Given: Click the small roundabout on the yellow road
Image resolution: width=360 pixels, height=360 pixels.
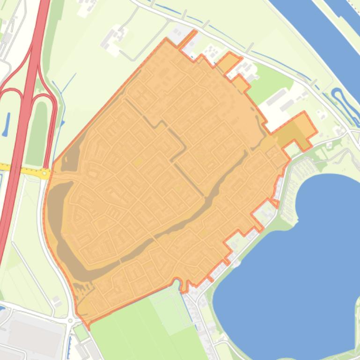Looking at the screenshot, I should coord(45,173).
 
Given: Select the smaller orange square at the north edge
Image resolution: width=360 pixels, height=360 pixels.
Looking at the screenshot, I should coord(241,84).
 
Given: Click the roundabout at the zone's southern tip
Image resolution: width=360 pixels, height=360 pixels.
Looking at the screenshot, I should coord(71,321).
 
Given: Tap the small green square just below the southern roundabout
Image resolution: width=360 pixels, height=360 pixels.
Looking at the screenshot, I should coord(81,332).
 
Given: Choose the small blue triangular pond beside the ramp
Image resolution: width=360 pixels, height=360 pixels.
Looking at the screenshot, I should coord(62,123).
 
